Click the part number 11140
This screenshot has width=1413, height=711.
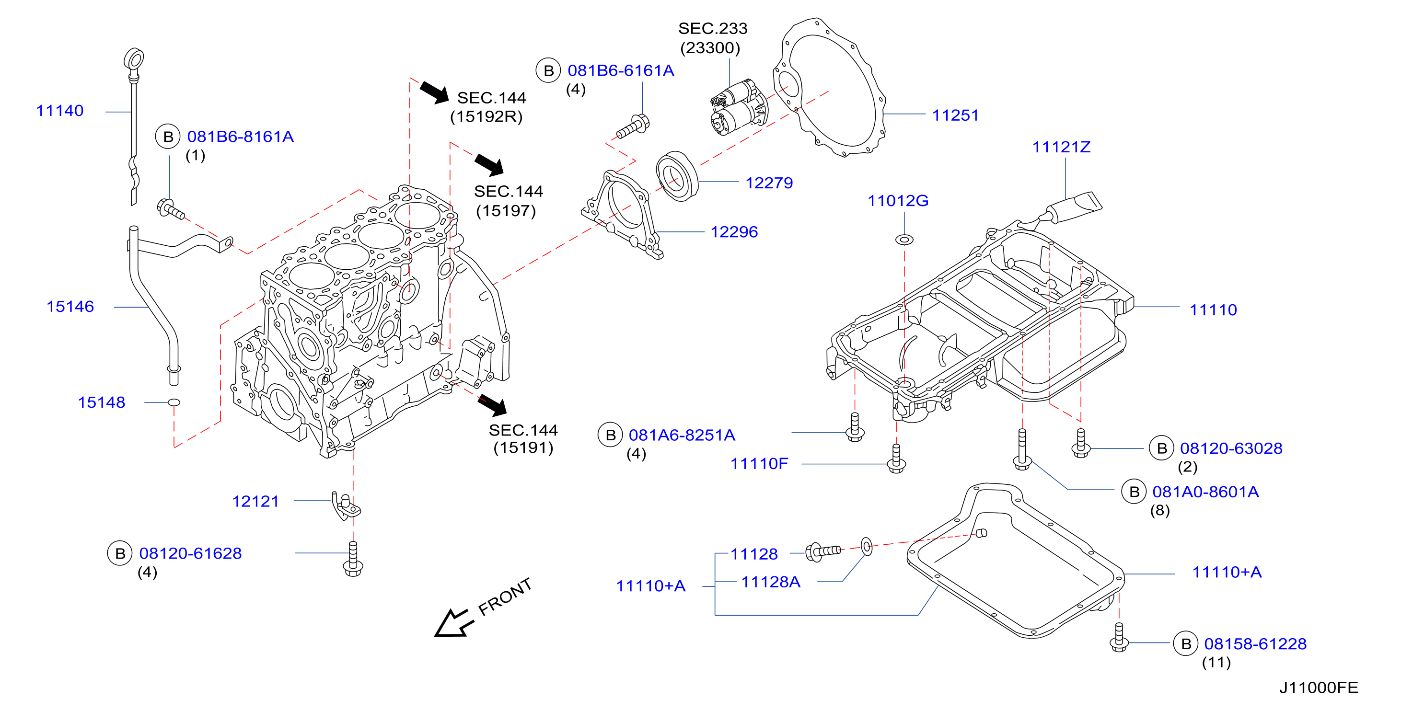(60, 111)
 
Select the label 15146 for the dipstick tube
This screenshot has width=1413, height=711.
(70, 307)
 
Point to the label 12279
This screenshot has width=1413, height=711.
(769, 183)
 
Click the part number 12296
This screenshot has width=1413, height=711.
(734, 232)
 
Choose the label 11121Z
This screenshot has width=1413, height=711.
(1061, 147)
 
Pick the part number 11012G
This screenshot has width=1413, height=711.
(898, 201)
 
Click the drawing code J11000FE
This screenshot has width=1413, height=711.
(1319, 688)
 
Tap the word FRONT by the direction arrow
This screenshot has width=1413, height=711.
(505, 597)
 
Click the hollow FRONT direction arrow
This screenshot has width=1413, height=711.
(453, 624)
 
